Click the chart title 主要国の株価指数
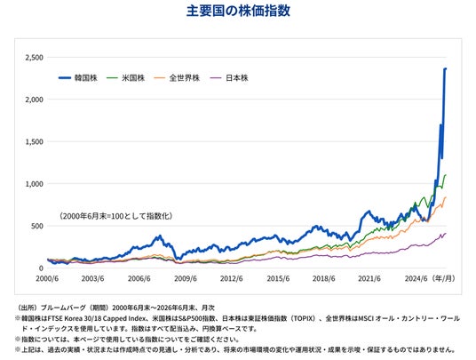click(238, 11)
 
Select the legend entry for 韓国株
click(78, 77)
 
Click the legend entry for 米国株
click(126, 77)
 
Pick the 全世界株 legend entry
click(177, 77)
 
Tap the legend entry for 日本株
click(229, 77)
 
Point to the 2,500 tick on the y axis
click(35, 58)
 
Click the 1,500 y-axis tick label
click(35, 142)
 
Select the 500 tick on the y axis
click(36, 226)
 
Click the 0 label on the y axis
click(41, 268)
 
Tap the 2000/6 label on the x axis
click(47, 278)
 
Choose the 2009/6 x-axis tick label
click(186, 278)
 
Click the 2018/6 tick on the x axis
click(323, 278)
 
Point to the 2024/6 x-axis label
click(416, 278)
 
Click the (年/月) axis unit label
click(443, 278)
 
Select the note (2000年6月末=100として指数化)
click(116, 216)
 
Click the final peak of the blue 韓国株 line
click(446, 68)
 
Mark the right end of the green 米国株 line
click(446, 175)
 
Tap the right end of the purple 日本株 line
click(446, 233)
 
